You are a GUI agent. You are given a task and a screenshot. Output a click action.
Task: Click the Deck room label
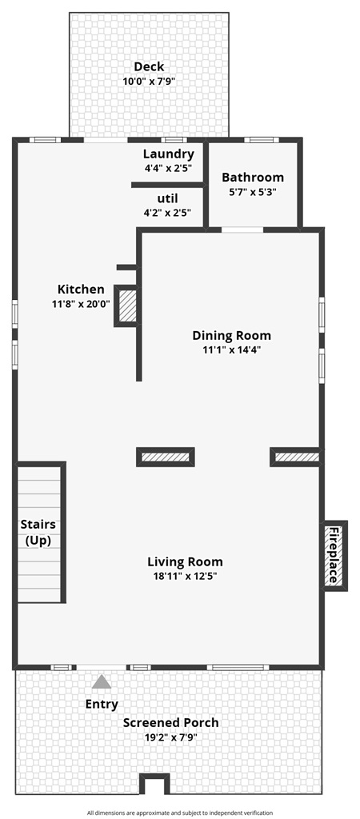[x=149, y=67]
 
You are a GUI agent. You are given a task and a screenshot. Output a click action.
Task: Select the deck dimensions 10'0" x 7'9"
[x=149, y=82]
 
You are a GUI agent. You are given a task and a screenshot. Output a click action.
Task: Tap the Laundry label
[x=168, y=154]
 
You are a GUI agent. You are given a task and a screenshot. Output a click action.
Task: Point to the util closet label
[x=168, y=198]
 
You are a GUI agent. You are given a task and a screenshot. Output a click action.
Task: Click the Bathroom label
[x=253, y=178]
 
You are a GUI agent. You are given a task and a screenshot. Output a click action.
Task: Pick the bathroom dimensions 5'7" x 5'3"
[x=253, y=192]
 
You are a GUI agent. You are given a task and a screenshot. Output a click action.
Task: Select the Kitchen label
[x=81, y=290]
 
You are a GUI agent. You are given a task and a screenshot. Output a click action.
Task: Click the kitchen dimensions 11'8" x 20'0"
[x=81, y=304]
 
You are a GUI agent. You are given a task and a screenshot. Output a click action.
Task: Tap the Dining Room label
[x=232, y=336]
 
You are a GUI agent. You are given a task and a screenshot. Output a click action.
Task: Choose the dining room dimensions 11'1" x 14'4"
[x=232, y=350]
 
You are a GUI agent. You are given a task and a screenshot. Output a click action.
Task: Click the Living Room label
[x=185, y=561]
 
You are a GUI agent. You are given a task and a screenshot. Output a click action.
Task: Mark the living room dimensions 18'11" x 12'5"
[x=185, y=576]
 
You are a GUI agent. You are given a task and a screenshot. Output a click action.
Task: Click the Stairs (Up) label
[x=38, y=533]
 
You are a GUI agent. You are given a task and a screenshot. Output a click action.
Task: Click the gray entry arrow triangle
[x=102, y=682]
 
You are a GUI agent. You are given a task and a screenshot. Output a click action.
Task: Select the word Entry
[x=102, y=705]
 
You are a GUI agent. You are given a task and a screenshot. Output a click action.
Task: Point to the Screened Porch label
[x=170, y=723]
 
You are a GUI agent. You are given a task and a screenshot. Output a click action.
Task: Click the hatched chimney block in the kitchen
[x=127, y=306]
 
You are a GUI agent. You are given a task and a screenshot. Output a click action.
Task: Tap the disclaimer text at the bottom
[x=180, y=813]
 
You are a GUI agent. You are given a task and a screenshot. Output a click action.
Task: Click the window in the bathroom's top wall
[x=261, y=140]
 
